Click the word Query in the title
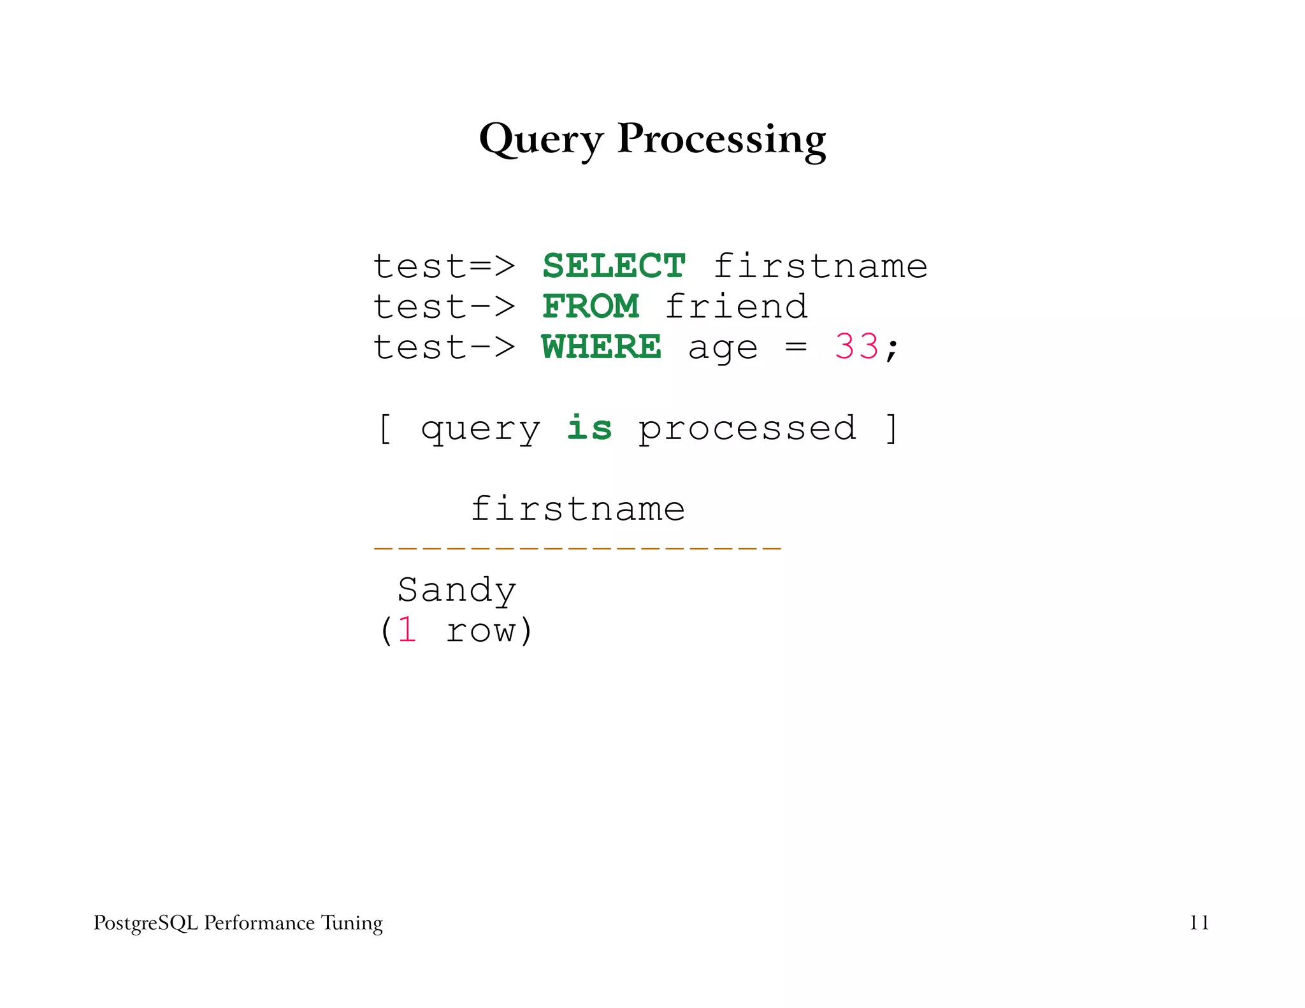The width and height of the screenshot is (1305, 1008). click(x=540, y=138)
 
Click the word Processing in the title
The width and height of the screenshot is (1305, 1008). click(x=721, y=138)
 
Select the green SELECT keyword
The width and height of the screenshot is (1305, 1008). click(x=614, y=266)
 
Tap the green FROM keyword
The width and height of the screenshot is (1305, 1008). click(x=591, y=306)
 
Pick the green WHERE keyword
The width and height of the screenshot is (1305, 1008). click(x=602, y=347)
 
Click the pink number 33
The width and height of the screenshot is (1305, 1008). click(x=857, y=347)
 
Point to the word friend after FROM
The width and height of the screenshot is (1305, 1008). click(x=737, y=306)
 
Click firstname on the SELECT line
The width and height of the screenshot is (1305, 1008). click(x=820, y=266)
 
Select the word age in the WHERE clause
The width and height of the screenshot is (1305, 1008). click(x=723, y=349)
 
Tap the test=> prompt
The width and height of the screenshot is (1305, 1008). click(x=444, y=266)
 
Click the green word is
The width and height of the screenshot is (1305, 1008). click(x=589, y=428)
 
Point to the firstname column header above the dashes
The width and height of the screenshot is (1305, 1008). click(x=577, y=509)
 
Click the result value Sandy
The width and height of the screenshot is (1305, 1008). click(x=457, y=591)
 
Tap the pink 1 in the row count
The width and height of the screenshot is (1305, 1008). click(x=408, y=630)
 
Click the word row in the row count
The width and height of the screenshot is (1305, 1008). click(x=480, y=631)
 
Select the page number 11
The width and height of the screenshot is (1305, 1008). click(x=1199, y=923)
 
